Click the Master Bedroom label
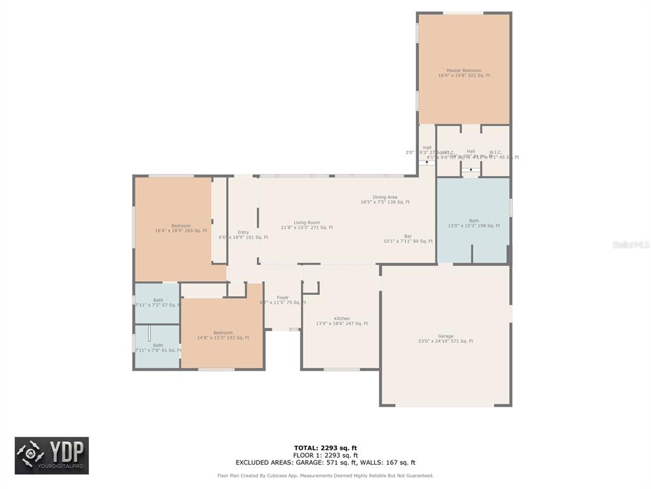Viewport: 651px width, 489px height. pos(463,73)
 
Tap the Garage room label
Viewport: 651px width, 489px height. pos(445,338)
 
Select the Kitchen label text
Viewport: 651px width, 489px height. pos(342,321)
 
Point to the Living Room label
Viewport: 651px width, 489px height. pos(306,225)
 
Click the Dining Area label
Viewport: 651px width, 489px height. pos(385,199)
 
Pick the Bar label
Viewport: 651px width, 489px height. pos(408,239)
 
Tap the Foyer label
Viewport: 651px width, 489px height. pos(282,300)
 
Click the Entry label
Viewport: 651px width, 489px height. pos(243,234)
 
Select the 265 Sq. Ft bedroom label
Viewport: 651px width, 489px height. pos(181,228)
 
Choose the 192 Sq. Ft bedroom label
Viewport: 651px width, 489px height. pos(223,335)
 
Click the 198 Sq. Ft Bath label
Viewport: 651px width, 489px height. pos(474,223)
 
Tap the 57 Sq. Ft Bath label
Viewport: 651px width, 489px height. pos(158,302)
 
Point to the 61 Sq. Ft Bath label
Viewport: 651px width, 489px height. pos(158,348)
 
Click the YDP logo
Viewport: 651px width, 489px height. pos(52,455)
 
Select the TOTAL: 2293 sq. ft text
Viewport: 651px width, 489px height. pos(325,448)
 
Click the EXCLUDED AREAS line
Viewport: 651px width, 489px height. pos(325,463)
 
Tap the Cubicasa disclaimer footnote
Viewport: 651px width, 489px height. pos(325,476)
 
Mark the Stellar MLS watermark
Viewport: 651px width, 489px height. pos(630,244)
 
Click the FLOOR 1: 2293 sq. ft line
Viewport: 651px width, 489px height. pos(325,455)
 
